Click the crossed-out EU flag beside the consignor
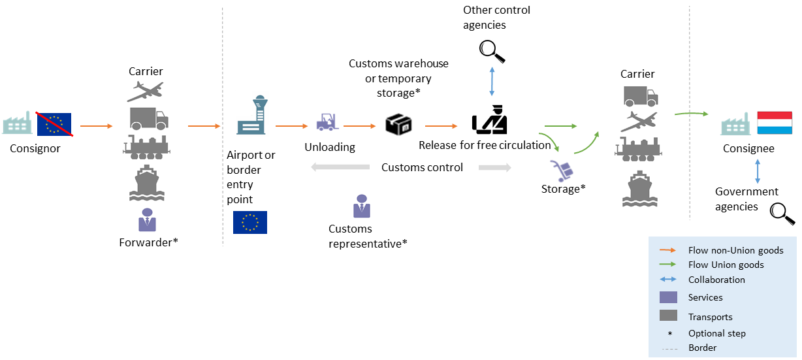pyautogui.click(x=54, y=123)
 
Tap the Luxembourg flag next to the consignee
pyautogui.click(x=775, y=123)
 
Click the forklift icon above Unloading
pyautogui.click(x=326, y=122)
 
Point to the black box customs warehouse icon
pyautogui.click(x=398, y=123)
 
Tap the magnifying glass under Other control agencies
pyautogui.click(x=492, y=51)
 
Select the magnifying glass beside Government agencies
pyautogui.click(x=781, y=213)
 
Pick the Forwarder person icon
pyautogui.click(x=148, y=220)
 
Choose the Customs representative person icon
pyautogui.click(x=361, y=206)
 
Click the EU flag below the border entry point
pyautogui.click(x=250, y=223)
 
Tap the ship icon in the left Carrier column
pyautogui.click(x=147, y=184)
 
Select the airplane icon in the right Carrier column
pyautogui.click(x=637, y=122)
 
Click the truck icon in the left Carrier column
pyautogui.click(x=148, y=118)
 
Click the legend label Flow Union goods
pyautogui.click(x=726, y=265)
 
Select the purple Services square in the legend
pyautogui.click(x=668, y=297)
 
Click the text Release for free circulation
pyautogui.click(x=485, y=145)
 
